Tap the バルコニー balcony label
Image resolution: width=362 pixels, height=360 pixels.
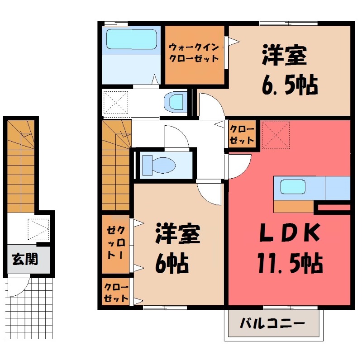coord(272,324)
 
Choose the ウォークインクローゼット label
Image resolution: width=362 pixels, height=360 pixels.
coord(194,52)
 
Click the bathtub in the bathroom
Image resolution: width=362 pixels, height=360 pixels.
coord(132,39)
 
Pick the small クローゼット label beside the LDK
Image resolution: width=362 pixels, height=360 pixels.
coord(242,134)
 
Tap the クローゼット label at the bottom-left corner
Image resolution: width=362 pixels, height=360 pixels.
coord(116,292)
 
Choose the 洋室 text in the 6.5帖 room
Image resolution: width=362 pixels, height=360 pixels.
coord(285,57)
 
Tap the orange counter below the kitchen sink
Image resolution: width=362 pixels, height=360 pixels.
coord(293,206)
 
